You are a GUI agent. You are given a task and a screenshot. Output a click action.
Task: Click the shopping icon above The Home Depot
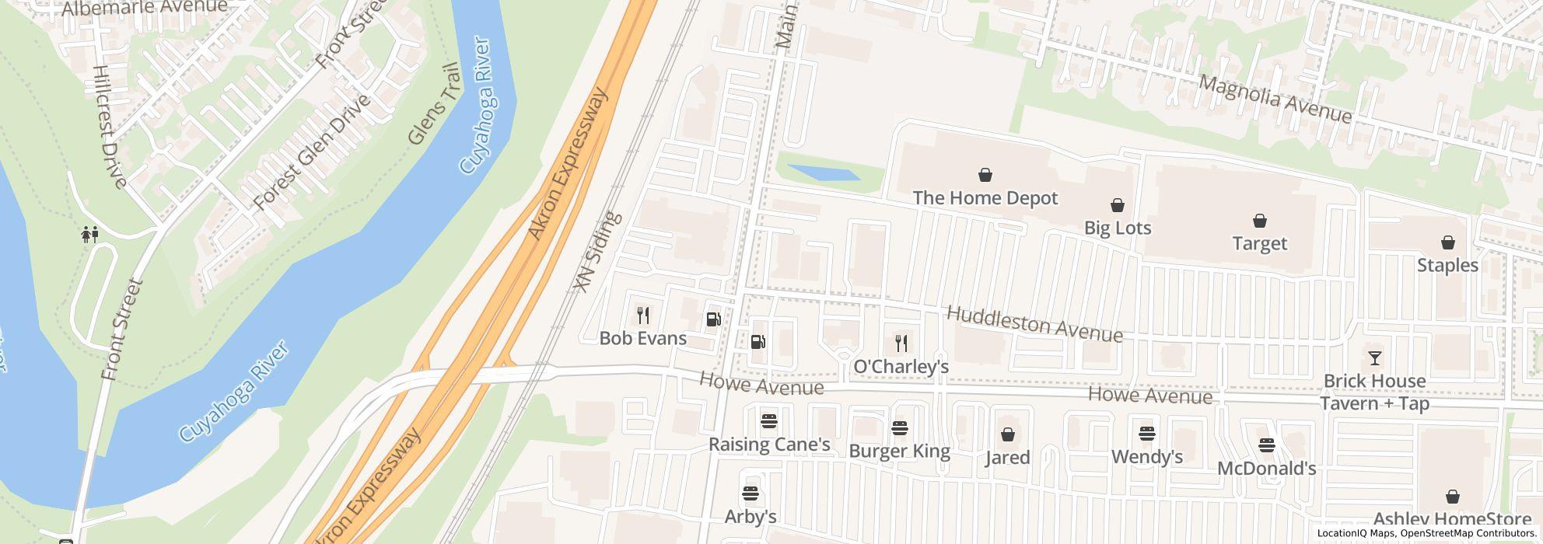pos(985,175)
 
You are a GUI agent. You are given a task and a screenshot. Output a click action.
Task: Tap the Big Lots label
pos(1117,228)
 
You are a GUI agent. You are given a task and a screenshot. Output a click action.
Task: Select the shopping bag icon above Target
pos(1259,221)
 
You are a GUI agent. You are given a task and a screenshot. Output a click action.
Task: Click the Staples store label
pos(1447,265)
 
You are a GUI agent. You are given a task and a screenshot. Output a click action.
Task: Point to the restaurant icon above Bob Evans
pos(642,316)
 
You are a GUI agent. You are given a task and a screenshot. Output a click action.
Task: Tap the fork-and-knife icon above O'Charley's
pos(901,343)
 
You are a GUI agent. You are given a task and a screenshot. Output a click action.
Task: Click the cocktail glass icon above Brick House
pos(1374,358)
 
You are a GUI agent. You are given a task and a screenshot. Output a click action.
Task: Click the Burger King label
pos(899,451)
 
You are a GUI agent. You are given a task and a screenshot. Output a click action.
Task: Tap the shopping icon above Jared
pos(1007,434)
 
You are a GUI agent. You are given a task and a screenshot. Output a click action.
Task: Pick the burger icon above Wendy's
pos(1146,434)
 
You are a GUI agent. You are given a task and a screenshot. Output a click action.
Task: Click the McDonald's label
pos(1266,468)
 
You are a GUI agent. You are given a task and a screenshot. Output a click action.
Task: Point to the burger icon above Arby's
pos(750,493)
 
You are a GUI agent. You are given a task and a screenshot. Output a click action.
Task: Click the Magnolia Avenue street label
pos(1275,99)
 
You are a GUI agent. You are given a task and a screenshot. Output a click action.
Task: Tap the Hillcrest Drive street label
pos(108,126)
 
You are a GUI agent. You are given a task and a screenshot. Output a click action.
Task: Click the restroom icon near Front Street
pos(90,234)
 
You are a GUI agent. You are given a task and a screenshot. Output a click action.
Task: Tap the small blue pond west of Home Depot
pos(824,173)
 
